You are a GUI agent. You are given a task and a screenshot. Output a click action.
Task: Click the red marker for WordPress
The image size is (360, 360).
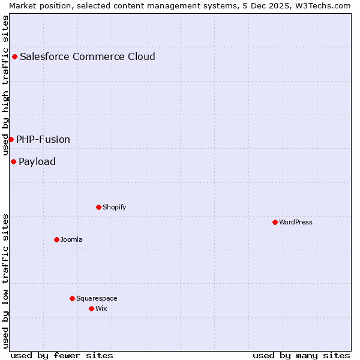tap(275, 222)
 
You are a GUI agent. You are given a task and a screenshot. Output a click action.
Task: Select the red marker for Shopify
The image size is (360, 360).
tap(98, 207)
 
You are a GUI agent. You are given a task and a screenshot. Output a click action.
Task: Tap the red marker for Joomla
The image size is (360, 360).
tap(56, 239)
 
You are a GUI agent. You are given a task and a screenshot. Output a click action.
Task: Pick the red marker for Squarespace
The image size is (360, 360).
tap(72, 298)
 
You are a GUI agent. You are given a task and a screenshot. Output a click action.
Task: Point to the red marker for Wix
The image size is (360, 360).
tap(91, 308)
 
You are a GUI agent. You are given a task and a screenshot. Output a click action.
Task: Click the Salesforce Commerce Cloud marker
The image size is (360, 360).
tap(14, 57)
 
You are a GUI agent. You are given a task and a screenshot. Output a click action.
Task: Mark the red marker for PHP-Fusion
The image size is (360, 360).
tap(11, 139)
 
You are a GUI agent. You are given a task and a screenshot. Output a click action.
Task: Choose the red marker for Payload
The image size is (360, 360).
tap(13, 161)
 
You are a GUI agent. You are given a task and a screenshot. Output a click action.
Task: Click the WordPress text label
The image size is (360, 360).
tap(296, 222)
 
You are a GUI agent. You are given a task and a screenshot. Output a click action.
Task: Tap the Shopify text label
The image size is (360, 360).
tap(114, 207)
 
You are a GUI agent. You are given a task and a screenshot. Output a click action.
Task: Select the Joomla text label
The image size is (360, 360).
tap(71, 239)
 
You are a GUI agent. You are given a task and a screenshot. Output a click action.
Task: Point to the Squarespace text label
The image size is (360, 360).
tap(97, 298)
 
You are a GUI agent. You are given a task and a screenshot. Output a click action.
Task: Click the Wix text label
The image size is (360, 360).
tap(101, 308)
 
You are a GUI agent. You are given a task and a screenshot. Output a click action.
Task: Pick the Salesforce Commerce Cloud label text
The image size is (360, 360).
tap(88, 57)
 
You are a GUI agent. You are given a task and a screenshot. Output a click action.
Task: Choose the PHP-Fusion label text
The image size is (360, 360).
tap(43, 139)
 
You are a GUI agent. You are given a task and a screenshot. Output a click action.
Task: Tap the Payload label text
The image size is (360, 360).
tap(37, 161)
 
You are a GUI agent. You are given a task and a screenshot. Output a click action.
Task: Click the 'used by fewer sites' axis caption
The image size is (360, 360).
tap(62, 355)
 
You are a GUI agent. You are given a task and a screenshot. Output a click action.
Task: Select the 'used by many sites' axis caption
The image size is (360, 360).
tap(301, 355)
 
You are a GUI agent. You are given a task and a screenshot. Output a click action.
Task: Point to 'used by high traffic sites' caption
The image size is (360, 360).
tap(5, 86)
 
